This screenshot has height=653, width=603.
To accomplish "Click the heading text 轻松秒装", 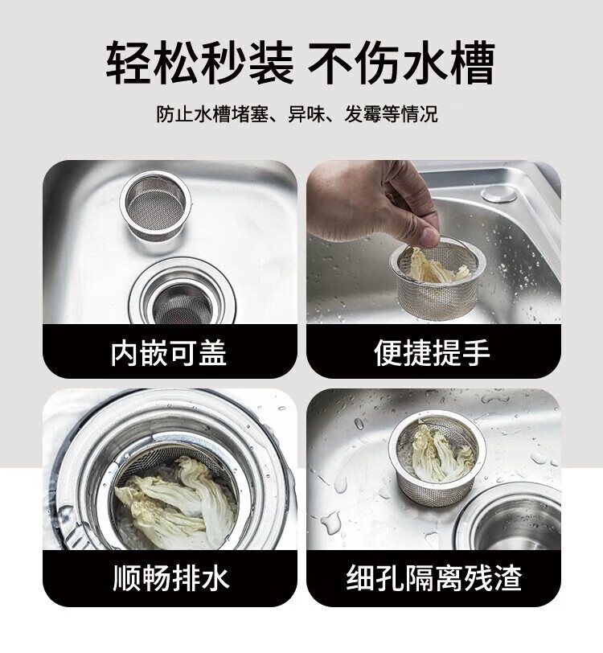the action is click(x=200, y=63).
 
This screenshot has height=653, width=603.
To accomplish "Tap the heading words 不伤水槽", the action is click(x=402, y=63).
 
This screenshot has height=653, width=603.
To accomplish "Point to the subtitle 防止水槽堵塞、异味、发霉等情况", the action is click(x=297, y=113).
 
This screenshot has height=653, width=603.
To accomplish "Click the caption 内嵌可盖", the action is click(x=169, y=353).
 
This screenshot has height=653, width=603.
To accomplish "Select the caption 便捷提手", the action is click(x=432, y=353).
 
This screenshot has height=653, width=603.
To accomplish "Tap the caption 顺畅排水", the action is click(x=171, y=577).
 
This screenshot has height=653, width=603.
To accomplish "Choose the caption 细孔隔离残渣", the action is click(x=434, y=577).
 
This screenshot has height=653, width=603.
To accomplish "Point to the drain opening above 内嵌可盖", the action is click(x=180, y=294).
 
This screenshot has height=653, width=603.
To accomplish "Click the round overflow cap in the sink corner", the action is click(x=498, y=194).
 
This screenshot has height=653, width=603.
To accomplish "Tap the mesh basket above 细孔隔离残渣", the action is click(x=437, y=458).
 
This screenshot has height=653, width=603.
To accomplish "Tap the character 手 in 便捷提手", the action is click(x=476, y=353).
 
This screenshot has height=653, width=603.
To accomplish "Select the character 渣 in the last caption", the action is click(x=507, y=577).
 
